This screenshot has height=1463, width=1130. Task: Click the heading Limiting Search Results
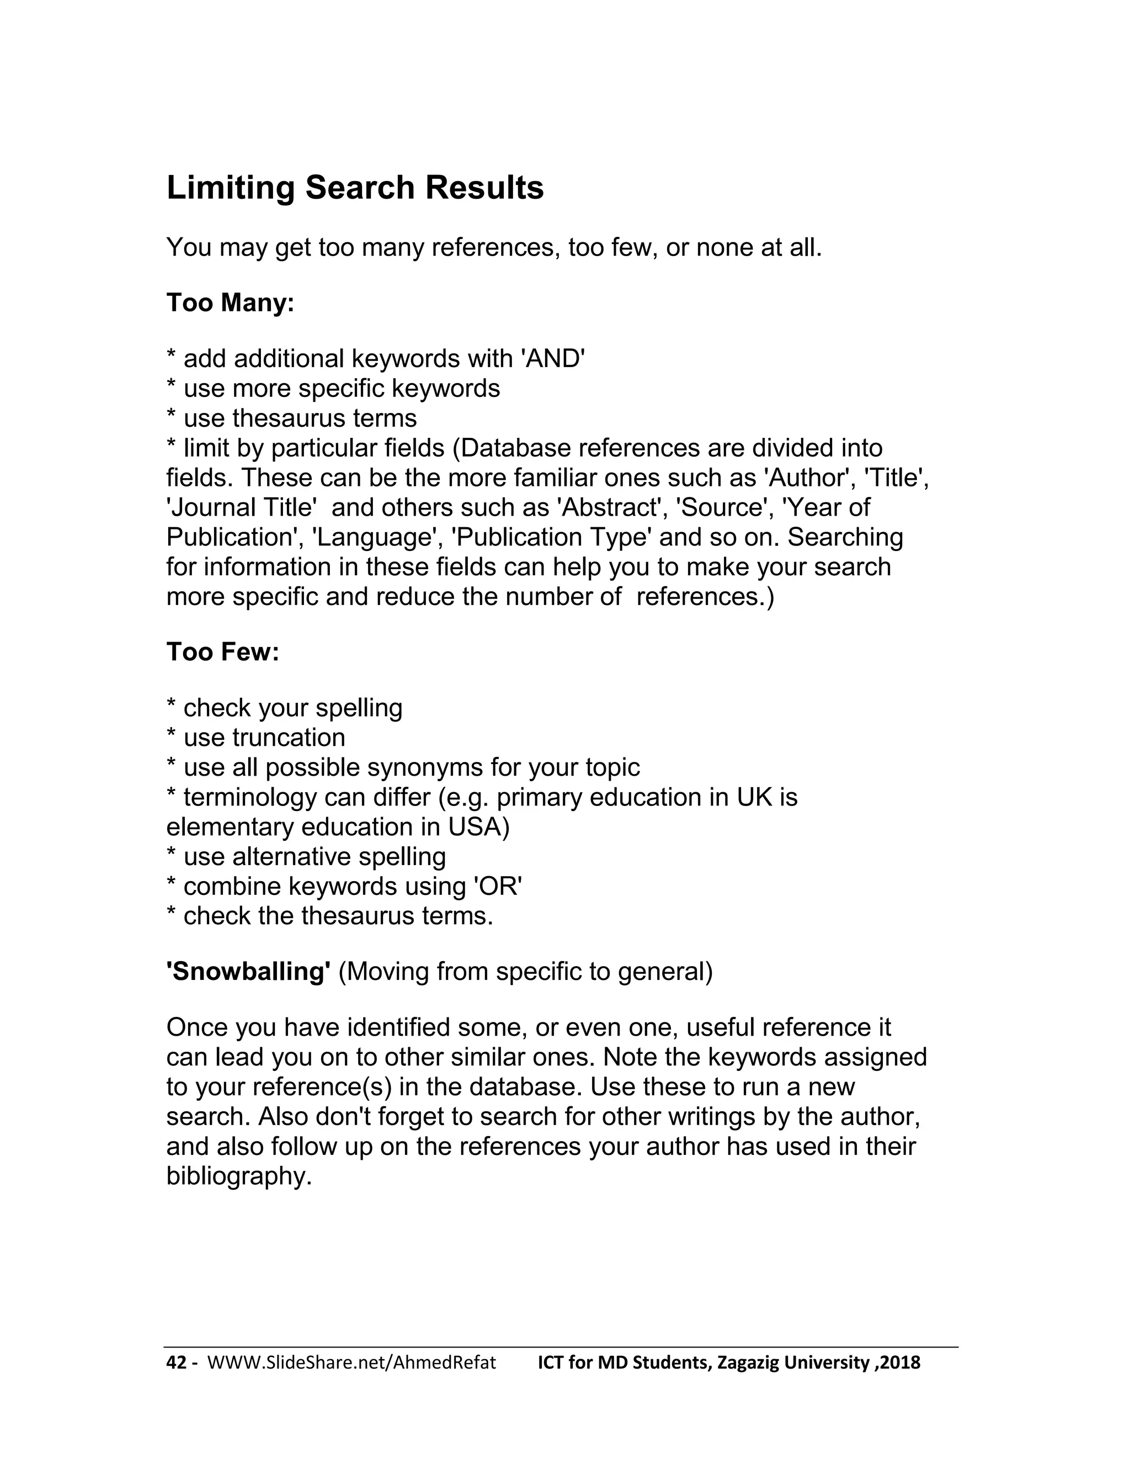pyautogui.click(x=355, y=188)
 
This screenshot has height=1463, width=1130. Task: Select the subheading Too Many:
pyautogui.click(x=230, y=303)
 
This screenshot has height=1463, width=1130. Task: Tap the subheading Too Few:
pyautogui.click(x=222, y=652)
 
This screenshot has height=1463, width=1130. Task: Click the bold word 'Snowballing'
pyautogui.click(x=248, y=971)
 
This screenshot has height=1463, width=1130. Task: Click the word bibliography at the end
pyautogui.click(x=238, y=1175)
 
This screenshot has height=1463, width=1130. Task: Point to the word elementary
pyautogui.click(x=230, y=826)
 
